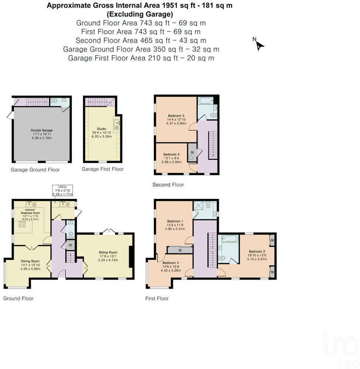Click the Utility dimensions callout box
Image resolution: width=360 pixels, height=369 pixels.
(x=62, y=190)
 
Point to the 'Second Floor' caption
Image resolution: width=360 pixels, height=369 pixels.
(x=168, y=184)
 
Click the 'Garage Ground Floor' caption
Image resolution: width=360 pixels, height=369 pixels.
(x=35, y=170)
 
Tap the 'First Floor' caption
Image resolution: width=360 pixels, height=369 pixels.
(x=157, y=298)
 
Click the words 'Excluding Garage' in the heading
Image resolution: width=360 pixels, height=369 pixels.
(x=139, y=14)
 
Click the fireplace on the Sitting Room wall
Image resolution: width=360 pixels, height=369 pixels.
(x=131, y=256)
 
